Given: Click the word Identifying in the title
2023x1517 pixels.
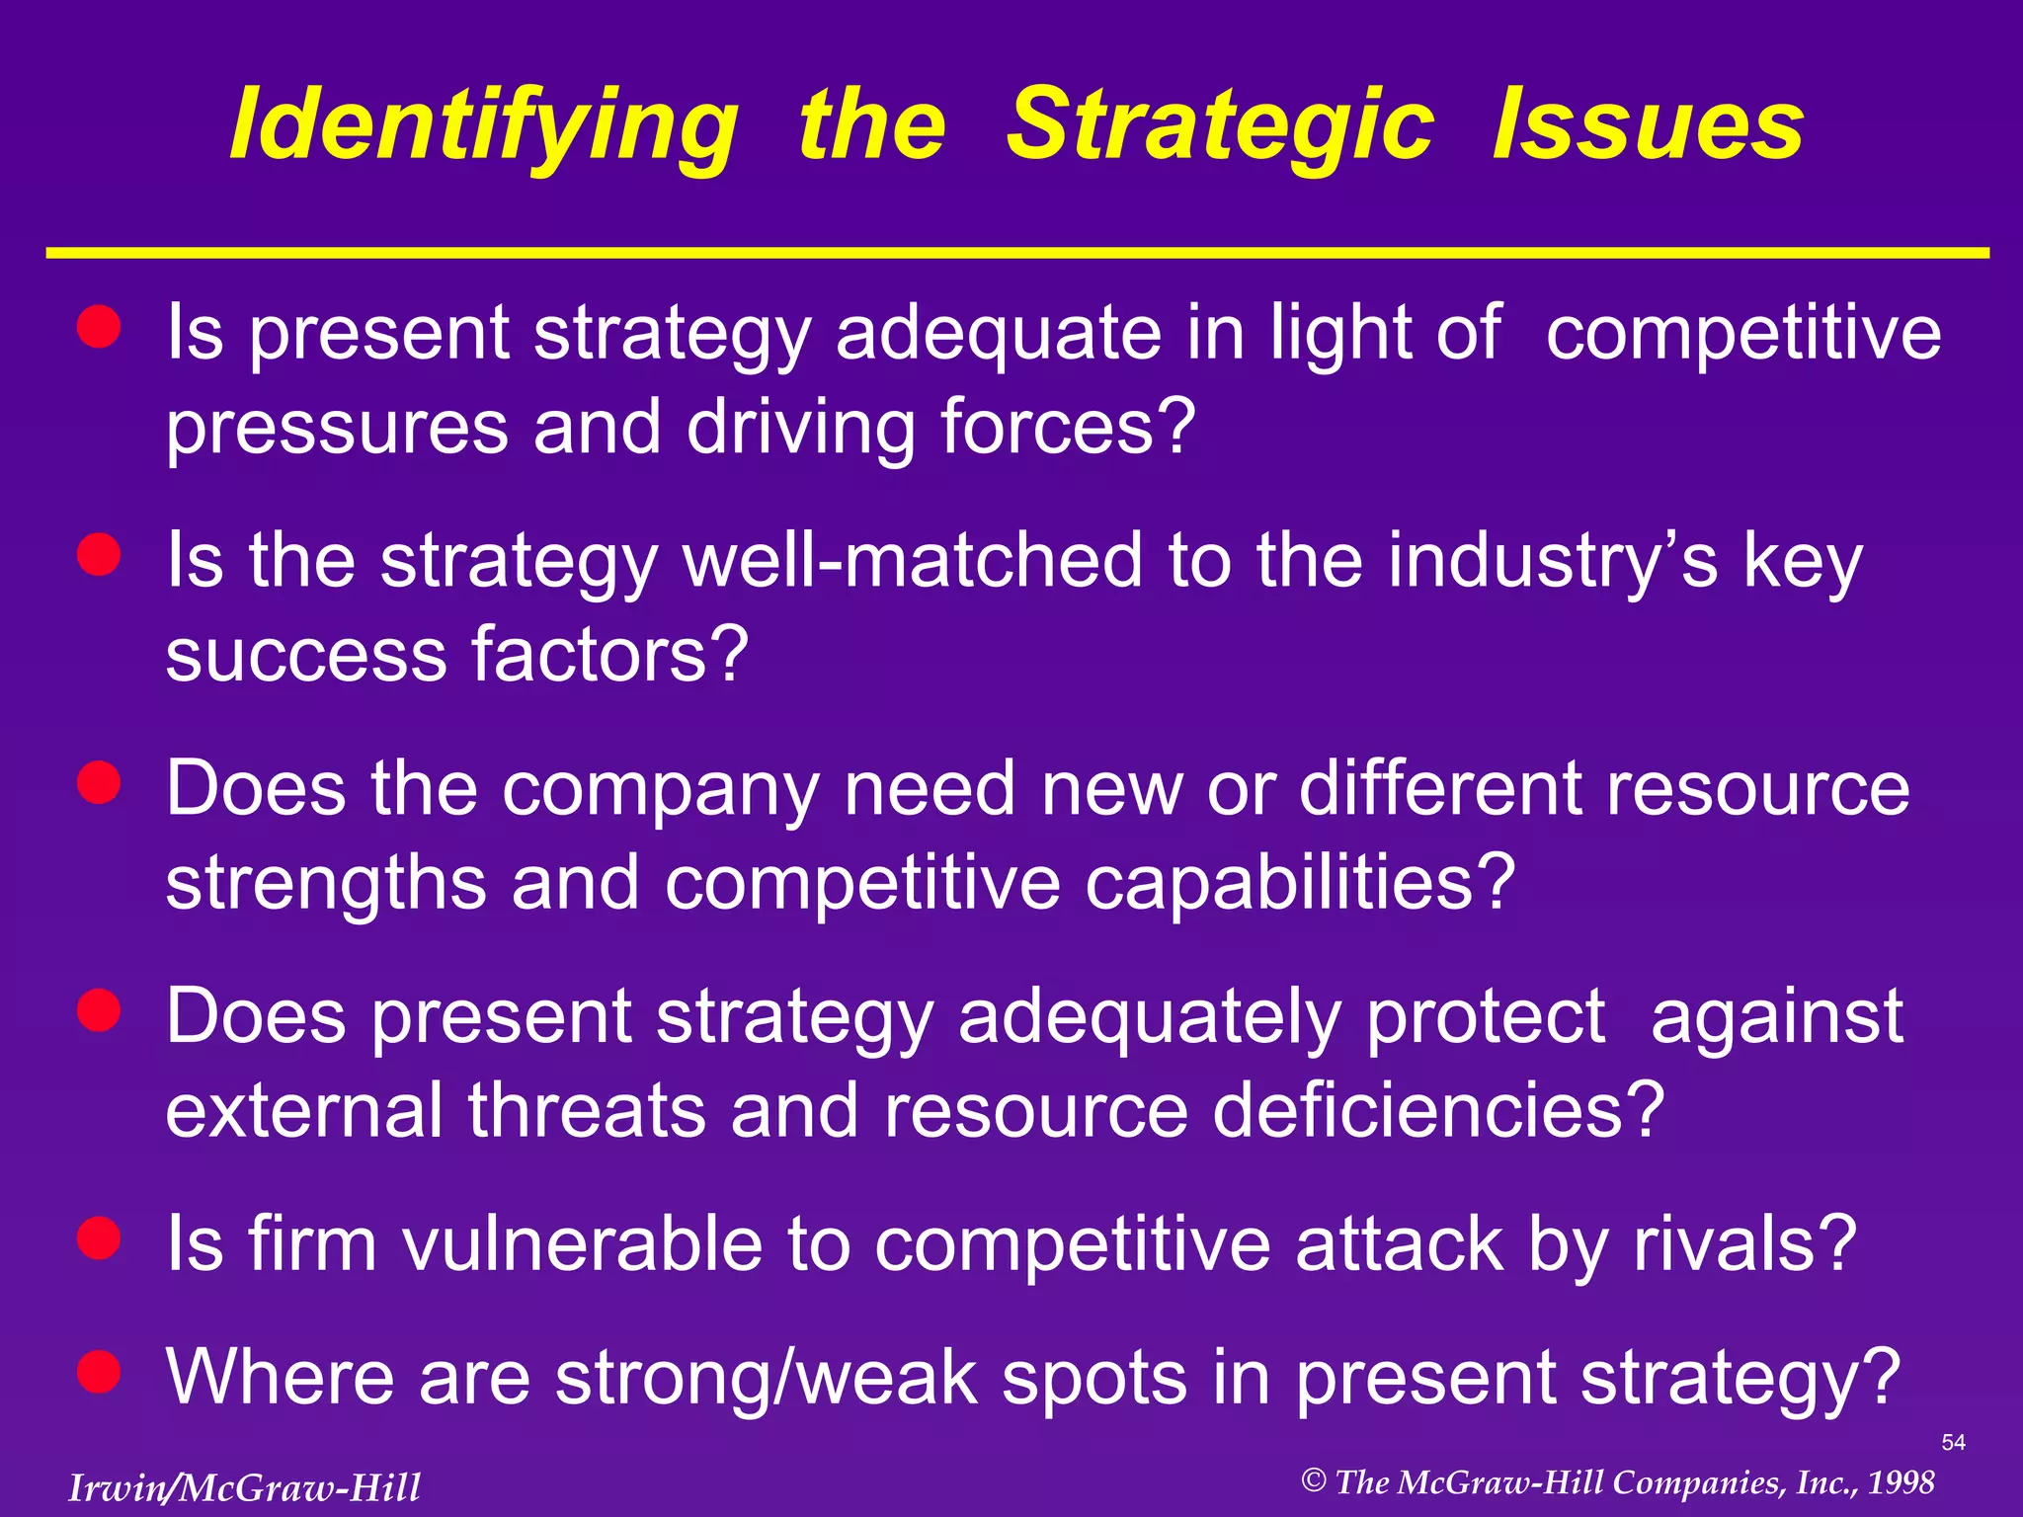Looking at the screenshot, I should click(x=483, y=125).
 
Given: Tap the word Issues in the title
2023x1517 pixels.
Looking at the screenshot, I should click(x=1649, y=125).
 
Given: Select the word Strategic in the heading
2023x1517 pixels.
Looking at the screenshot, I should click(x=1220, y=125).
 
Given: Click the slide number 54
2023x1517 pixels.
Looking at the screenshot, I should click(x=1953, y=1442).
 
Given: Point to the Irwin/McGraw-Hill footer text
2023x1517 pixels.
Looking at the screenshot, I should click(x=244, y=1487).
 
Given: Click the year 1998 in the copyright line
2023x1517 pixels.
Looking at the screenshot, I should click(x=1901, y=1482).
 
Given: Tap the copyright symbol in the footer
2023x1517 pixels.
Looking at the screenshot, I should click(x=1313, y=1480).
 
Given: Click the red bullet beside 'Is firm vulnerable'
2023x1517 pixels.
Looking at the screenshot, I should click(x=99, y=1238).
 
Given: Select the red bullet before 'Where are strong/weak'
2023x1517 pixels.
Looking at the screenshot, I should click(x=99, y=1372).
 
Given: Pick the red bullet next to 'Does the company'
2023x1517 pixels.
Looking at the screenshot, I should click(x=99, y=783).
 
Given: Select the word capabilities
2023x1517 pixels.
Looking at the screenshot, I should click(x=1300, y=882).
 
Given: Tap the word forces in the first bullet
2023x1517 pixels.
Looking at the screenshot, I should click(x=1068, y=427).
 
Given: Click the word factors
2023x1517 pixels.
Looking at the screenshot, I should click(x=609, y=654).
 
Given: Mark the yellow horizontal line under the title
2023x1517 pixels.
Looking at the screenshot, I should click(x=1017, y=254).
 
